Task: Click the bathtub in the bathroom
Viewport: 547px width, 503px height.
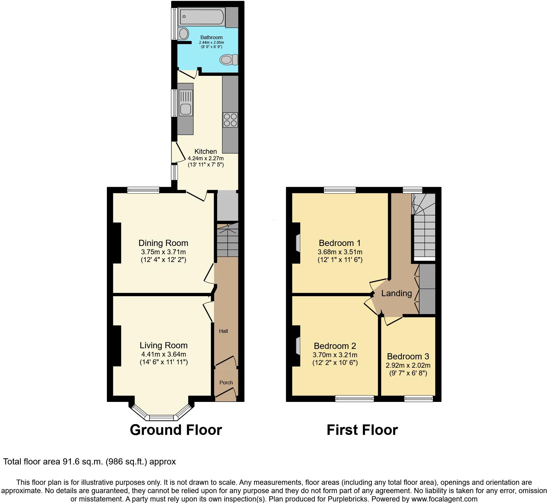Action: [202, 16]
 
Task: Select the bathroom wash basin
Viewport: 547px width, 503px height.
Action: [184, 33]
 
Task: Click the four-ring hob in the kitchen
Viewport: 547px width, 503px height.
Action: [230, 120]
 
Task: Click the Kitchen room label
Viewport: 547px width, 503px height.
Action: [205, 151]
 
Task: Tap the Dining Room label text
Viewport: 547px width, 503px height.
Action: [163, 243]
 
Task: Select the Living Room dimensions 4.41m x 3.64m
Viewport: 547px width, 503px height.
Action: [163, 354]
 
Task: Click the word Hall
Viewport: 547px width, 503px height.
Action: [223, 331]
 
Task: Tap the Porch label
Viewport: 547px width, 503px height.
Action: [226, 382]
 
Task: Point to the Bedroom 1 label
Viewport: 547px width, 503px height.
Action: [340, 243]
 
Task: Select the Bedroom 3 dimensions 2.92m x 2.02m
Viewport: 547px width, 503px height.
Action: [408, 366]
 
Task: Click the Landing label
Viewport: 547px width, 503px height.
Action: [396, 293]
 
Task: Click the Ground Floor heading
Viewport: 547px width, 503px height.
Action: [176, 430]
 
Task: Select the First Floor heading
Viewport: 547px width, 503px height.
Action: [362, 430]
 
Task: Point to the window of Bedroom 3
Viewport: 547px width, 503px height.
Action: [418, 399]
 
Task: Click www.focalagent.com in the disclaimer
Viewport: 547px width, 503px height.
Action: [444, 499]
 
